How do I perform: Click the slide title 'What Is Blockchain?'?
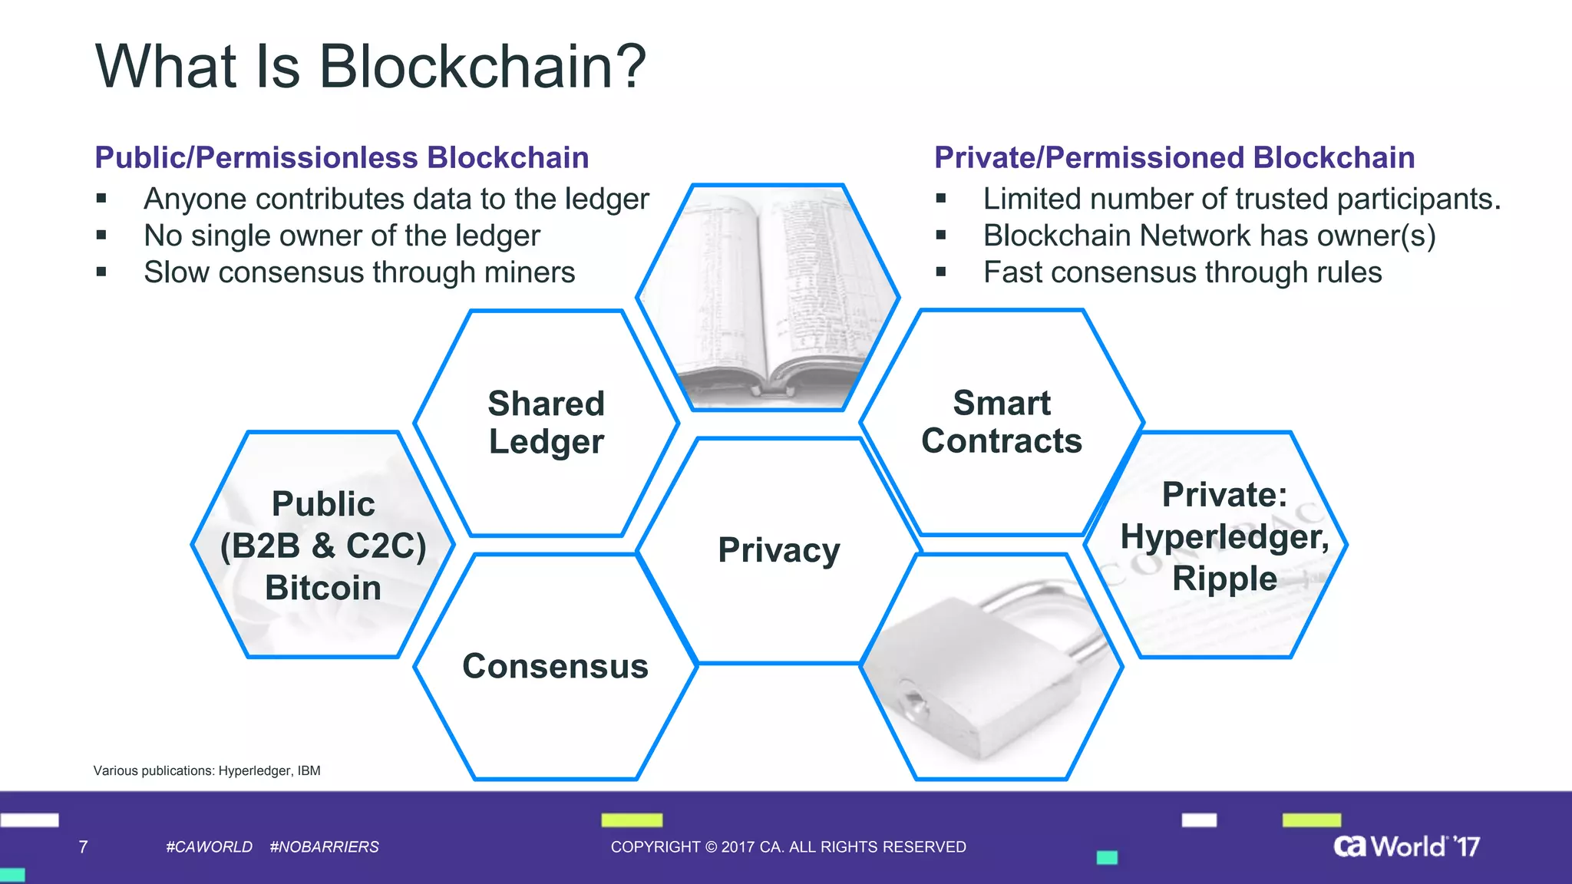coord(371,67)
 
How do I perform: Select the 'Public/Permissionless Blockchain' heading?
coord(342,157)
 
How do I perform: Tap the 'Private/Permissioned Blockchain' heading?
coord(1174,157)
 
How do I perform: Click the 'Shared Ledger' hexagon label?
coord(547,422)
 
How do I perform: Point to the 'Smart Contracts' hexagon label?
coord(1002,422)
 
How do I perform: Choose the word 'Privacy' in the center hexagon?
coord(779,550)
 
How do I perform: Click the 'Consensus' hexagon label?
coord(555,666)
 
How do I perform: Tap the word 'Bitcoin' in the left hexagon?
coord(323,588)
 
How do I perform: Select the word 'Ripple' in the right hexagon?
coord(1224,579)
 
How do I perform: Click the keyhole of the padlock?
coord(913,700)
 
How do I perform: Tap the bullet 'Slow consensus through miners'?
coord(359,272)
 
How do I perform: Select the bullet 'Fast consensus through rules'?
coord(1182,272)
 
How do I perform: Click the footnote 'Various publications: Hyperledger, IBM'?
coord(207,770)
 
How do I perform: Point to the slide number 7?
coord(83,847)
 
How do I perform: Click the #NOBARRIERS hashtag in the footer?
coord(324,847)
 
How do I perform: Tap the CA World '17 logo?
coord(1406,846)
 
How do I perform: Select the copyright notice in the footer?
coord(788,847)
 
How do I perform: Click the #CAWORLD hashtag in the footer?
coord(209,847)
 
